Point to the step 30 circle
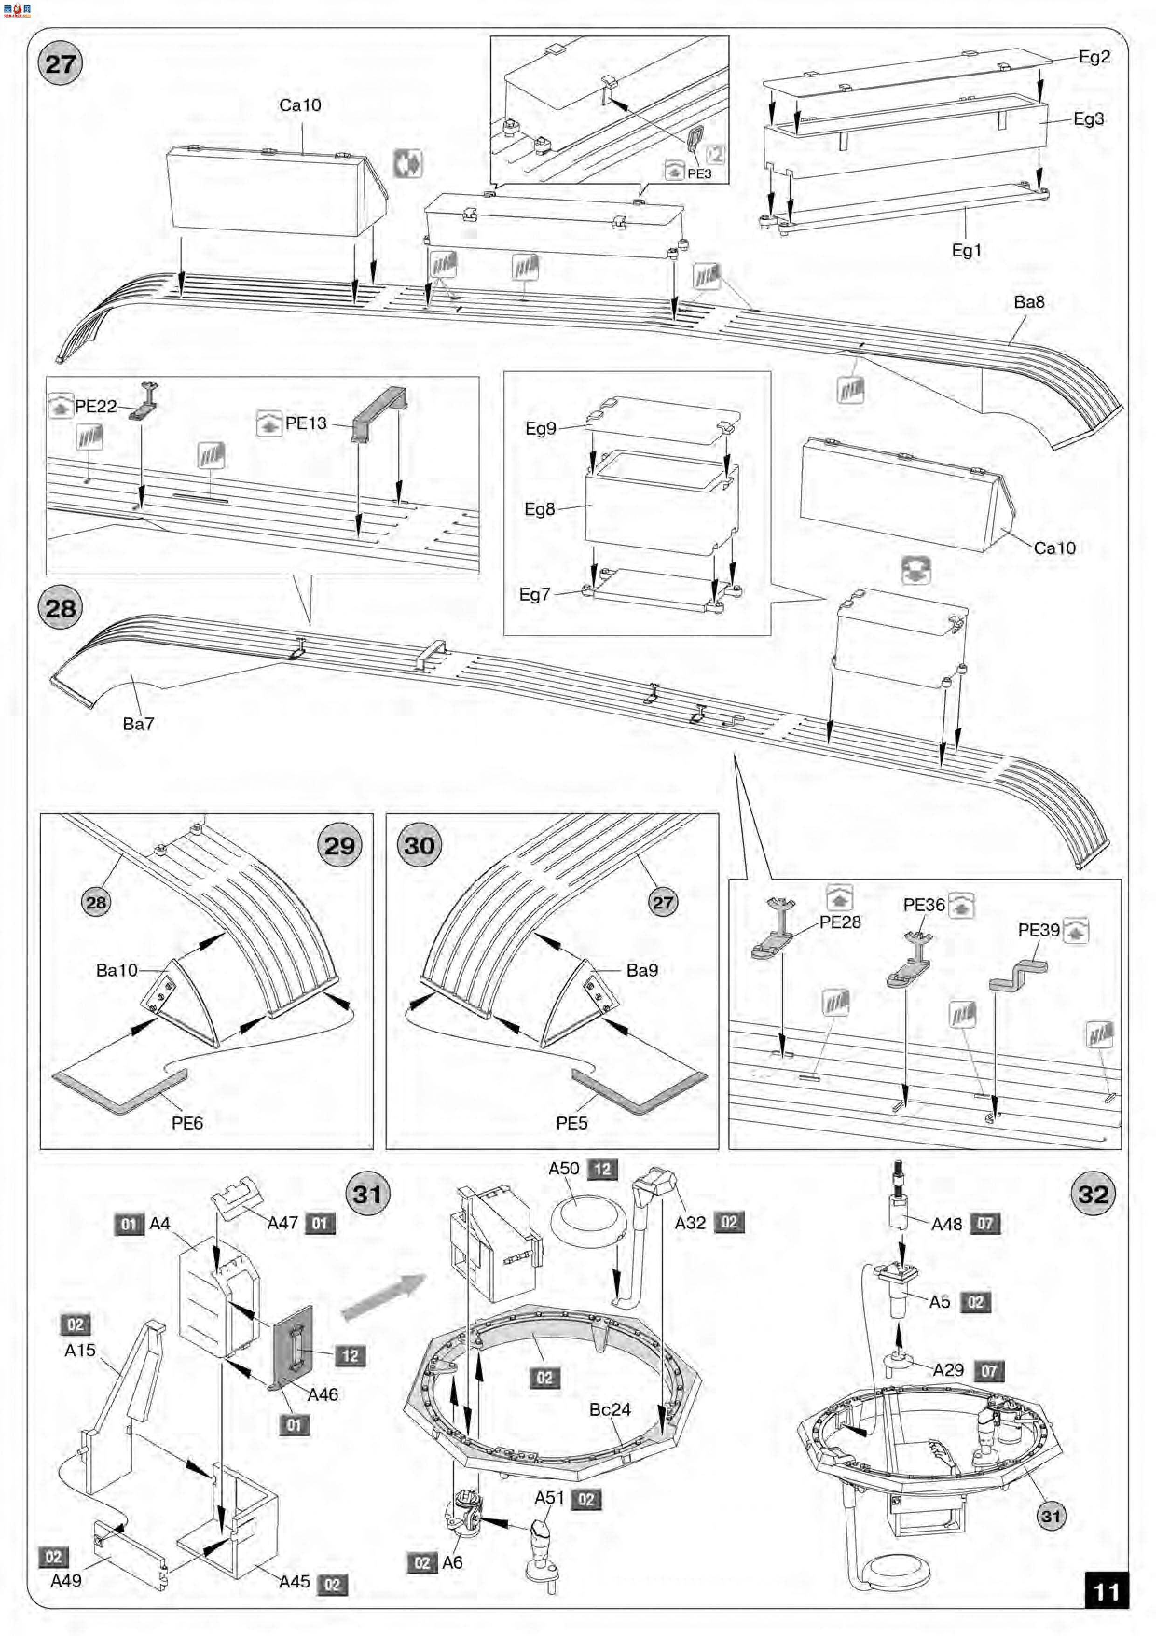click(420, 846)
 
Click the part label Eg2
click(1094, 57)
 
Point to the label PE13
click(306, 423)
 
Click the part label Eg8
click(539, 509)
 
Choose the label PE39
click(1039, 930)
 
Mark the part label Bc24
click(610, 1409)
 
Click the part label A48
click(947, 1224)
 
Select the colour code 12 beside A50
click(603, 1169)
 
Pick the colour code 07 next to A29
click(989, 1370)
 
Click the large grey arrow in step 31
click(383, 1297)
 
